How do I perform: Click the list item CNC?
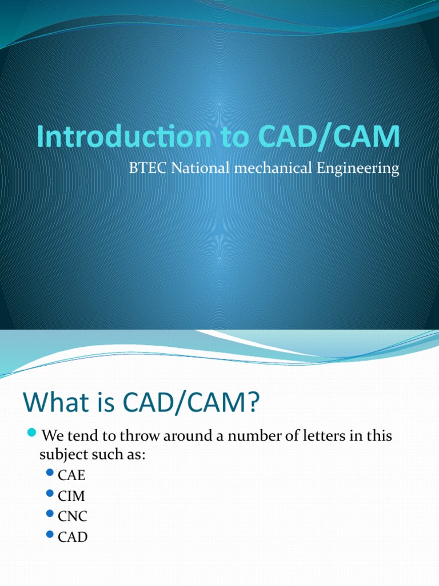click(73, 516)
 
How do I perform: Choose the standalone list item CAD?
click(73, 537)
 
